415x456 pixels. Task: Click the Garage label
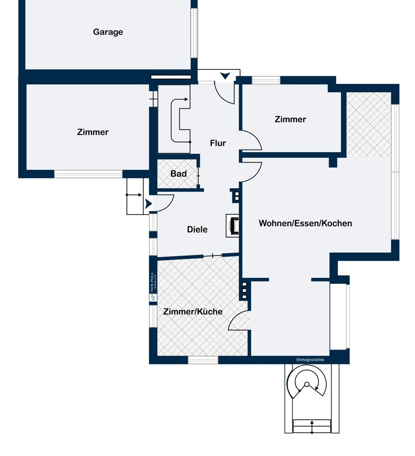[108, 32]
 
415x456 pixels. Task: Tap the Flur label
[218, 143]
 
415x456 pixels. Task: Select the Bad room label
[178, 174]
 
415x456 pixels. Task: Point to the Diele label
[197, 229]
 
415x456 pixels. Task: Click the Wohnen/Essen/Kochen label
[305, 223]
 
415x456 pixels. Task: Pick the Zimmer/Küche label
[193, 311]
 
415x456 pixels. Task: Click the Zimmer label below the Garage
[93, 132]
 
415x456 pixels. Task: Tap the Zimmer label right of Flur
[290, 119]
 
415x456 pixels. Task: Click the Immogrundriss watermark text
[310, 360]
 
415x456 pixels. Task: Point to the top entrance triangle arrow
[225, 76]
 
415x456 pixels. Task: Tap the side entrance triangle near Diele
[148, 203]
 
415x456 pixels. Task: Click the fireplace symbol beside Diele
[233, 226]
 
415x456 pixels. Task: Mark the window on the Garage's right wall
[194, 33]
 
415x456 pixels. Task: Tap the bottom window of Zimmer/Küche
[203, 360]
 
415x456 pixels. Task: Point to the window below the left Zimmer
[88, 174]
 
